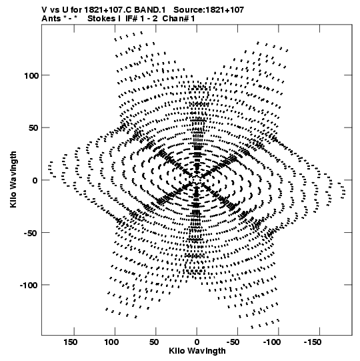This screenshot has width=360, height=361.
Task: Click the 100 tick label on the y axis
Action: click(31, 76)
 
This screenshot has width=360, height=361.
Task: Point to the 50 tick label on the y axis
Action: click(33, 128)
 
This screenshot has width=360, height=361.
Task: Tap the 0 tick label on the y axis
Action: click(35, 181)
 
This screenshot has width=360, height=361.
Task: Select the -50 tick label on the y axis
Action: click(31, 234)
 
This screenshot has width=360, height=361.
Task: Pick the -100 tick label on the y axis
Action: click(29, 286)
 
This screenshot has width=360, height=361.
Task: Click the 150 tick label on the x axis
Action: click(71, 342)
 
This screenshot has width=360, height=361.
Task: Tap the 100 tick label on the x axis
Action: click(111, 342)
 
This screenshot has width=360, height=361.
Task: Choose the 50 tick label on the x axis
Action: click(154, 342)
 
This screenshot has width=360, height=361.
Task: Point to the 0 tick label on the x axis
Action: click(197, 342)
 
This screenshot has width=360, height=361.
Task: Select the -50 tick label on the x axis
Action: click(233, 342)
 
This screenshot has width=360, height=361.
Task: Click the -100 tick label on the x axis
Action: click(272, 342)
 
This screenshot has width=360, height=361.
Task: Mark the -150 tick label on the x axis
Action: click(313, 342)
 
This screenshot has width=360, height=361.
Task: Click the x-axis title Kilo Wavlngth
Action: click(197, 351)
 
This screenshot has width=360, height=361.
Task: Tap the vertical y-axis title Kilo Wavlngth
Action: click(13, 179)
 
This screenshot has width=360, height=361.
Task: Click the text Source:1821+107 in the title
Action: click(209, 10)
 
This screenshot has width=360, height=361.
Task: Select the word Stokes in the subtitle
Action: click(101, 19)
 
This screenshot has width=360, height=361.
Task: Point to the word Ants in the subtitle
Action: click(51, 19)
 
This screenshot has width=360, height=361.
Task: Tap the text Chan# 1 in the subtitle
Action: click(179, 19)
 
